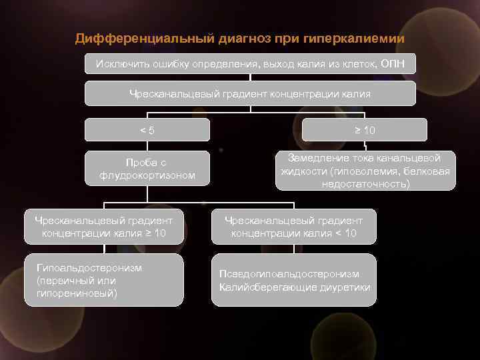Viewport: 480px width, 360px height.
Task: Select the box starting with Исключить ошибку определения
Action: pyautogui.click(x=250, y=64)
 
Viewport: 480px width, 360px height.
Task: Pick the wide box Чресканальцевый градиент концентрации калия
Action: pyautogui.click(x=250, y=94)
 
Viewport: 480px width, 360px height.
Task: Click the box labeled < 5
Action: pyautogui.click(x=147, y=130)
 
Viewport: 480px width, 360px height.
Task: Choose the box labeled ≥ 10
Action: pyautogui.click(x=365, y=130)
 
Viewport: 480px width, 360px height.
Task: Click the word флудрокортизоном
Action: pyautogui.click(x=147, y=176)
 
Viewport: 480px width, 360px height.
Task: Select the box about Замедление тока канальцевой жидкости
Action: pyautogui.click(x=365, y=171)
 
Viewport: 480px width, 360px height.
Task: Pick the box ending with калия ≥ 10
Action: pyautogui.click(x=104, y=227)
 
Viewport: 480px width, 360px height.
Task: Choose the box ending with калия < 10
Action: pyautogui.click(x=293, y=227)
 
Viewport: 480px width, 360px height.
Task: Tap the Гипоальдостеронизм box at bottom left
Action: pyautogui.click(x=104, y=280)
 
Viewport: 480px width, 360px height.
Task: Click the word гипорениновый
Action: pyautogui.click(x=77, y=293)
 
